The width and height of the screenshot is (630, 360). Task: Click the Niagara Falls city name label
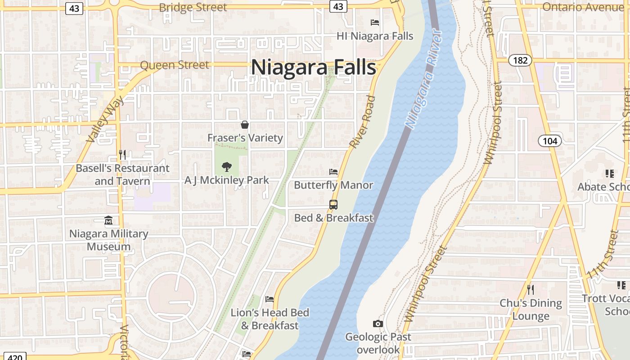313,67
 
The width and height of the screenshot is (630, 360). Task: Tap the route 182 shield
520,60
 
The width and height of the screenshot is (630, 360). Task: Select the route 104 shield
550,141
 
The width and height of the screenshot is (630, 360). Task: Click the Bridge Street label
193,8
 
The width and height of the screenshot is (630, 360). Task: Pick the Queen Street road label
175,65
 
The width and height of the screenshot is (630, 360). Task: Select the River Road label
362,121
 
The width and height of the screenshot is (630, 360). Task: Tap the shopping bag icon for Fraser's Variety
245,125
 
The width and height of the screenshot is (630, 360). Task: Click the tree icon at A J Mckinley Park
227,167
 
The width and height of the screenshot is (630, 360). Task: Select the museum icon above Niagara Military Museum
108,220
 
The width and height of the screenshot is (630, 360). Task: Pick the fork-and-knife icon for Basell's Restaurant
122,155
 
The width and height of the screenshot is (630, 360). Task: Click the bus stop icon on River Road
333,205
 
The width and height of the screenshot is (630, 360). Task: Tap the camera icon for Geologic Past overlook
378,324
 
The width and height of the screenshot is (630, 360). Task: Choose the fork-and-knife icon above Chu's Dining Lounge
531,289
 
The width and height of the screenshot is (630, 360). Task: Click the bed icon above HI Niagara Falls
375,22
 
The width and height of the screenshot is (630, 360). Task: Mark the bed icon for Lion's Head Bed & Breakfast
270,299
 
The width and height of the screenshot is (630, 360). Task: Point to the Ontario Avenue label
585,7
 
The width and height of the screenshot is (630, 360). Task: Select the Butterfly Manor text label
333,185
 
